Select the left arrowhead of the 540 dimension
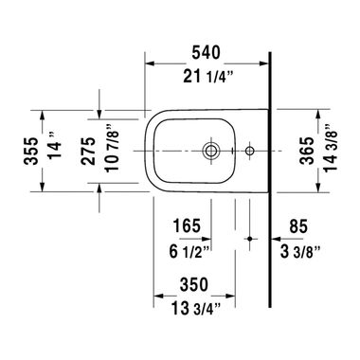pos(148,65)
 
